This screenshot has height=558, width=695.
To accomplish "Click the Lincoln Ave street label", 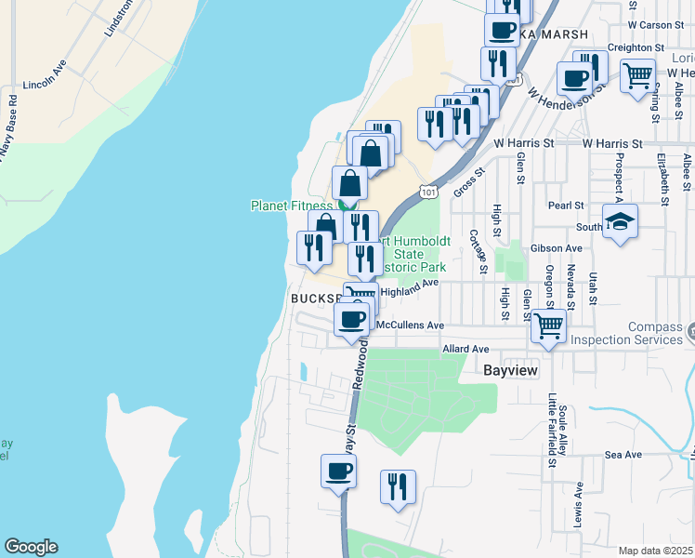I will coord(46,73).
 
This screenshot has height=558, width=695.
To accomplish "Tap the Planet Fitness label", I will coord(291,206).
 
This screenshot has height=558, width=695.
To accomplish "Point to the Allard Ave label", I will coord(466,349).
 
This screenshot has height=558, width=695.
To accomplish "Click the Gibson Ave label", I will coord(556,248).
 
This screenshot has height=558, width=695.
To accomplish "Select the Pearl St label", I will coord(565,205).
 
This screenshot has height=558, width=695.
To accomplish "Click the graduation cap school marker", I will coord(620,221).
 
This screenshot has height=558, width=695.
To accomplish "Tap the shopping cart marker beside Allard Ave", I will coord(549,325).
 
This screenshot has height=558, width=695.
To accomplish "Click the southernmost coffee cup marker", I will coord(339,470).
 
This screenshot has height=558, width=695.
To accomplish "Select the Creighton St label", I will coord(636,47).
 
